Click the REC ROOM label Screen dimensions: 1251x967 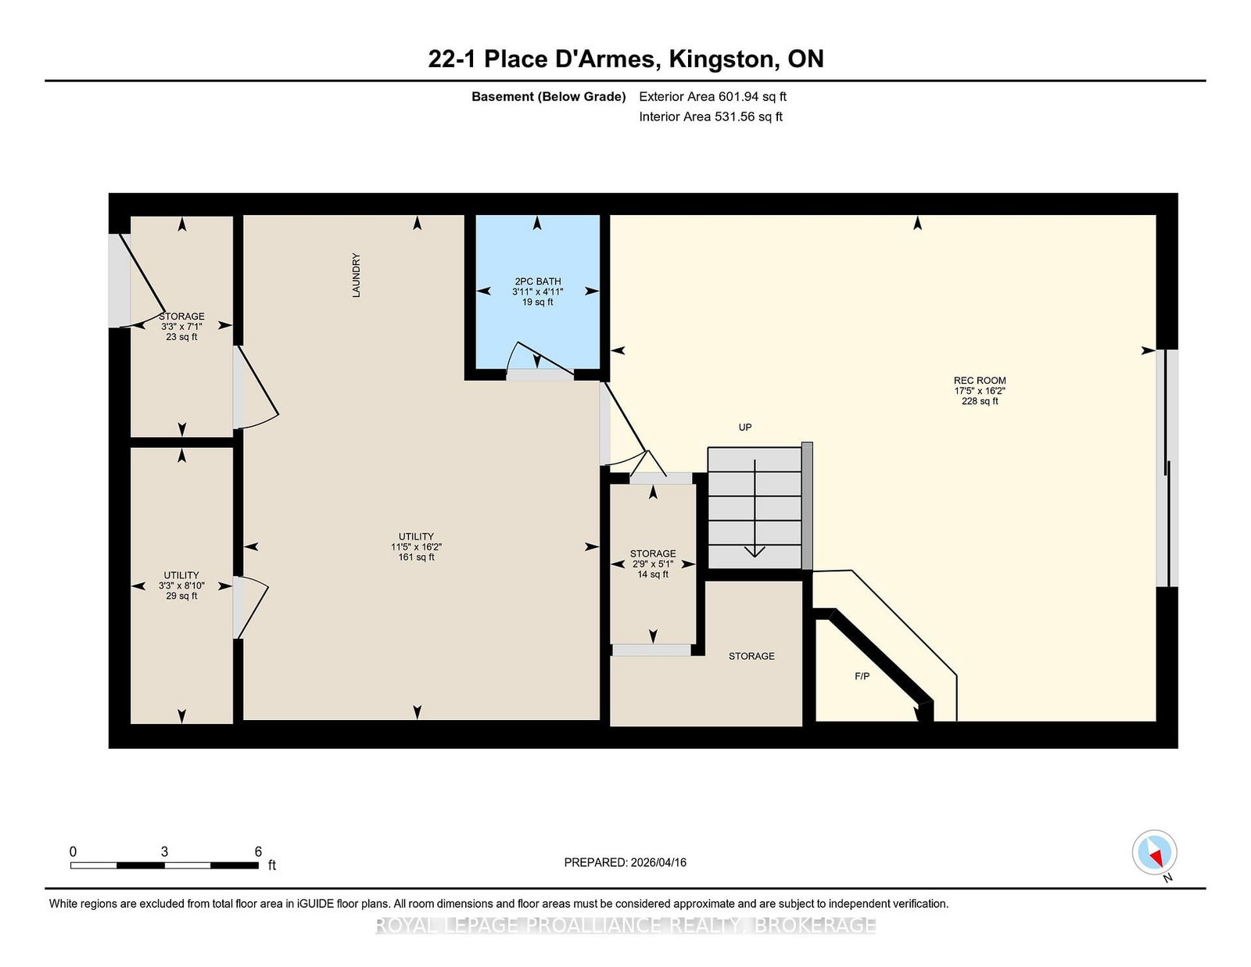click(x=979, y=381)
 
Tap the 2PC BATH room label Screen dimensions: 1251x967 click(x=538, y=281)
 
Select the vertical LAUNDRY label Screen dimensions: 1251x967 click(x=357, y=275)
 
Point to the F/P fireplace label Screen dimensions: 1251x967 click(x=862, y=676)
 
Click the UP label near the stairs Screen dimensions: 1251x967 click(x=745, y=427)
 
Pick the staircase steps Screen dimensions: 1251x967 click(x=755, y=508)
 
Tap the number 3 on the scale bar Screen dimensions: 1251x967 click(x=165, y=851)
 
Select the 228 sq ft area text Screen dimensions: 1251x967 click(x=979, y=401)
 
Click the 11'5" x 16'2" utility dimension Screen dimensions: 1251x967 click(x=416, y=546)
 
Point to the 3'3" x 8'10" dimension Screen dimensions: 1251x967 click(x=181, y=586)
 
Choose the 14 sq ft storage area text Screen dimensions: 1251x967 click(x=653, y=574)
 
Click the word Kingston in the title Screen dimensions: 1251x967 click(x=722, y=59)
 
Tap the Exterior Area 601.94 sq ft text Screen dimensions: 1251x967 click(x=713, y=97)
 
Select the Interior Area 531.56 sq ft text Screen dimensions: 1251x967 click(x=711, y=116)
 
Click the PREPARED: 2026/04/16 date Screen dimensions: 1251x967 click(x=625, y=862)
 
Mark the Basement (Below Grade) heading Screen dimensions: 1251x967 click(x=549, y=97)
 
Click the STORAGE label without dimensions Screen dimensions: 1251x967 click(x=751, y=656)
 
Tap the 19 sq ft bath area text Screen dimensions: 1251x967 click(x=538, y=303)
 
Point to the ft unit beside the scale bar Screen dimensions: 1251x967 click(x=272, y=865)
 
